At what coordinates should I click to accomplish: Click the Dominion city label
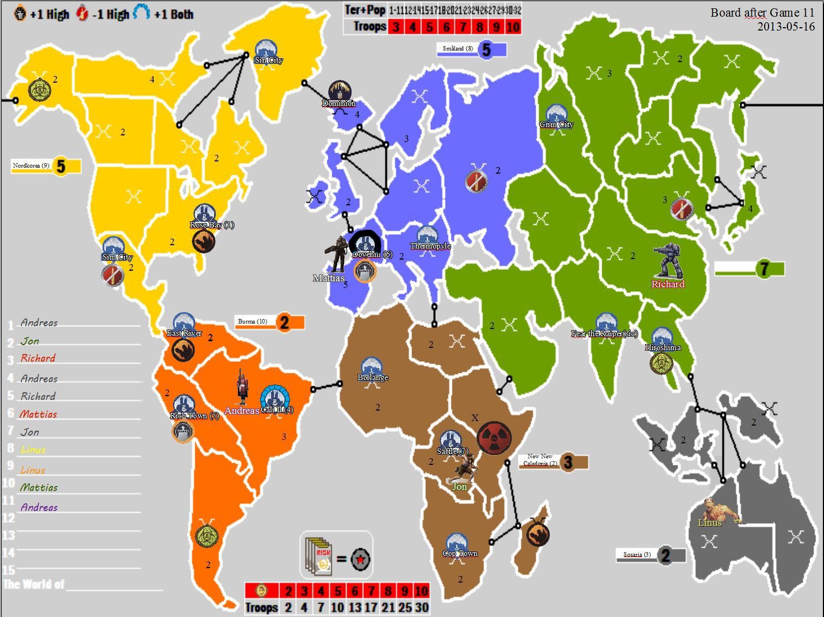coord(339,103)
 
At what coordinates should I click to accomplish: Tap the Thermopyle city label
coord(430,246)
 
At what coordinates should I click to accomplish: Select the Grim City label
coord(556,124)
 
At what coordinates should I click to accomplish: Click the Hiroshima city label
coord(663,347)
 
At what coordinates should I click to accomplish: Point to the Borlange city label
coord(373,377)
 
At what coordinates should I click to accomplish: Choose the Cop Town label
coord(460,553)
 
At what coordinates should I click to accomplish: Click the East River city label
coord(184,333)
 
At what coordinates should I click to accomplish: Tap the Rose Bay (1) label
coord(212,225)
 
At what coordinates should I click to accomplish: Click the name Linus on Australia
coord(710,523)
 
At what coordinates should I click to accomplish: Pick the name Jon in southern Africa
coord(460,487)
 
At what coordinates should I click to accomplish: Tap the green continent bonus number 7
coord(764,269)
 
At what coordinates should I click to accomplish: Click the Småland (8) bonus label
coord(458,49)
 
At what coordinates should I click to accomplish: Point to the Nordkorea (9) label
coord(31,165)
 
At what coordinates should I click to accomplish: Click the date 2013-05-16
coord(786,26)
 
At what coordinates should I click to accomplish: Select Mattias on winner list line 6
coord(38,414)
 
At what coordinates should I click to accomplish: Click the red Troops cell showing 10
coord(513,26)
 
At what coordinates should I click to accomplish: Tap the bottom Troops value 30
coord(421,607)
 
